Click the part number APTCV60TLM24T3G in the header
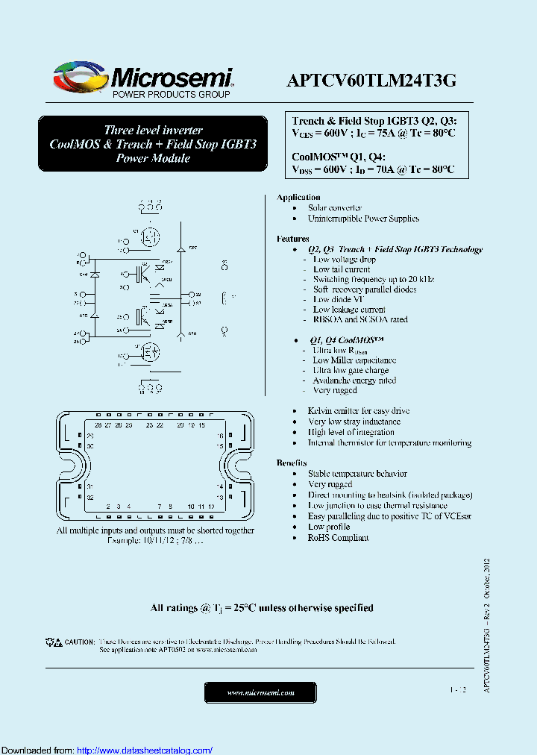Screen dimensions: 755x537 (x=371, y=82)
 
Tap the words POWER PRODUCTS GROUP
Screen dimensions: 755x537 (x=171, y=95)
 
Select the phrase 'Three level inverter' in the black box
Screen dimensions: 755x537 (x=153, y=130)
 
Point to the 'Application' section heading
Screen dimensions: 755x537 (x=298, y=197)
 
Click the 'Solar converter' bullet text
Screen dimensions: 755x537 (x=335, y=208)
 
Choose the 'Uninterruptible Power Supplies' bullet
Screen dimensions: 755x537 (x=363, y=219)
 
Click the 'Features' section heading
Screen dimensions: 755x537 (x=293, y=239)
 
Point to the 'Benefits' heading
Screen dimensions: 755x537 (x=292, y=463)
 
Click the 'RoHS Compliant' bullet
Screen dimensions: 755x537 (x=338, y=538)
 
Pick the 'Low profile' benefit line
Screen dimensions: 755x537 (x=329, y=527)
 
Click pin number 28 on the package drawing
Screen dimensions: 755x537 (x=98, y=425)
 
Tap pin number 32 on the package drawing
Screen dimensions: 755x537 (x=90, y=497)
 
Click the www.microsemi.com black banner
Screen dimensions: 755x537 (x=260, y=693)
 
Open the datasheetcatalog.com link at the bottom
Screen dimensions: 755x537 (x=145, y=751)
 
